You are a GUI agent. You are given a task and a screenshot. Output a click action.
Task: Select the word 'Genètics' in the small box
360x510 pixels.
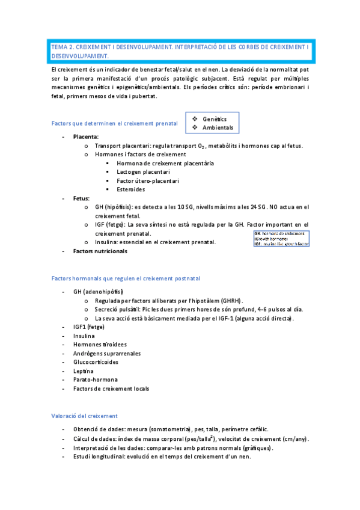[215, 118]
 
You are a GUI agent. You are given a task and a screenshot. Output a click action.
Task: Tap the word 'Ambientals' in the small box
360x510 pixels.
[218, 127]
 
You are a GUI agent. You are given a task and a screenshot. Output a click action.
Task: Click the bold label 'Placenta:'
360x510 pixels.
[86, 137]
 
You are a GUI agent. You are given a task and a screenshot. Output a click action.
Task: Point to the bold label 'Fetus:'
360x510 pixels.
[82, 198]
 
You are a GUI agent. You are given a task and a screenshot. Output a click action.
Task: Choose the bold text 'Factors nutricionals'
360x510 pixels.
[100, 251]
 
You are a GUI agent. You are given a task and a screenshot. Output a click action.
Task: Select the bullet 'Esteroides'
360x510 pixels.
[131, 189]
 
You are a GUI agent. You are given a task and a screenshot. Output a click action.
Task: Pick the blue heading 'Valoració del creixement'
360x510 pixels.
[84, 416]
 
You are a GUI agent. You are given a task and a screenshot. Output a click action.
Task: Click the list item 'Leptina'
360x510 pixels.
[84, 371]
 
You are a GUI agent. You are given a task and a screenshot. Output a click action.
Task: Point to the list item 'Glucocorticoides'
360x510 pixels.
[96, 362]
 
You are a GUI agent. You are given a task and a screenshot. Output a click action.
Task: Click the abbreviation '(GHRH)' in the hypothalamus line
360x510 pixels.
[233, 300]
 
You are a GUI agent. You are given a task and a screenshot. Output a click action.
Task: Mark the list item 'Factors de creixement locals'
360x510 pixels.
[111, 389]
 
